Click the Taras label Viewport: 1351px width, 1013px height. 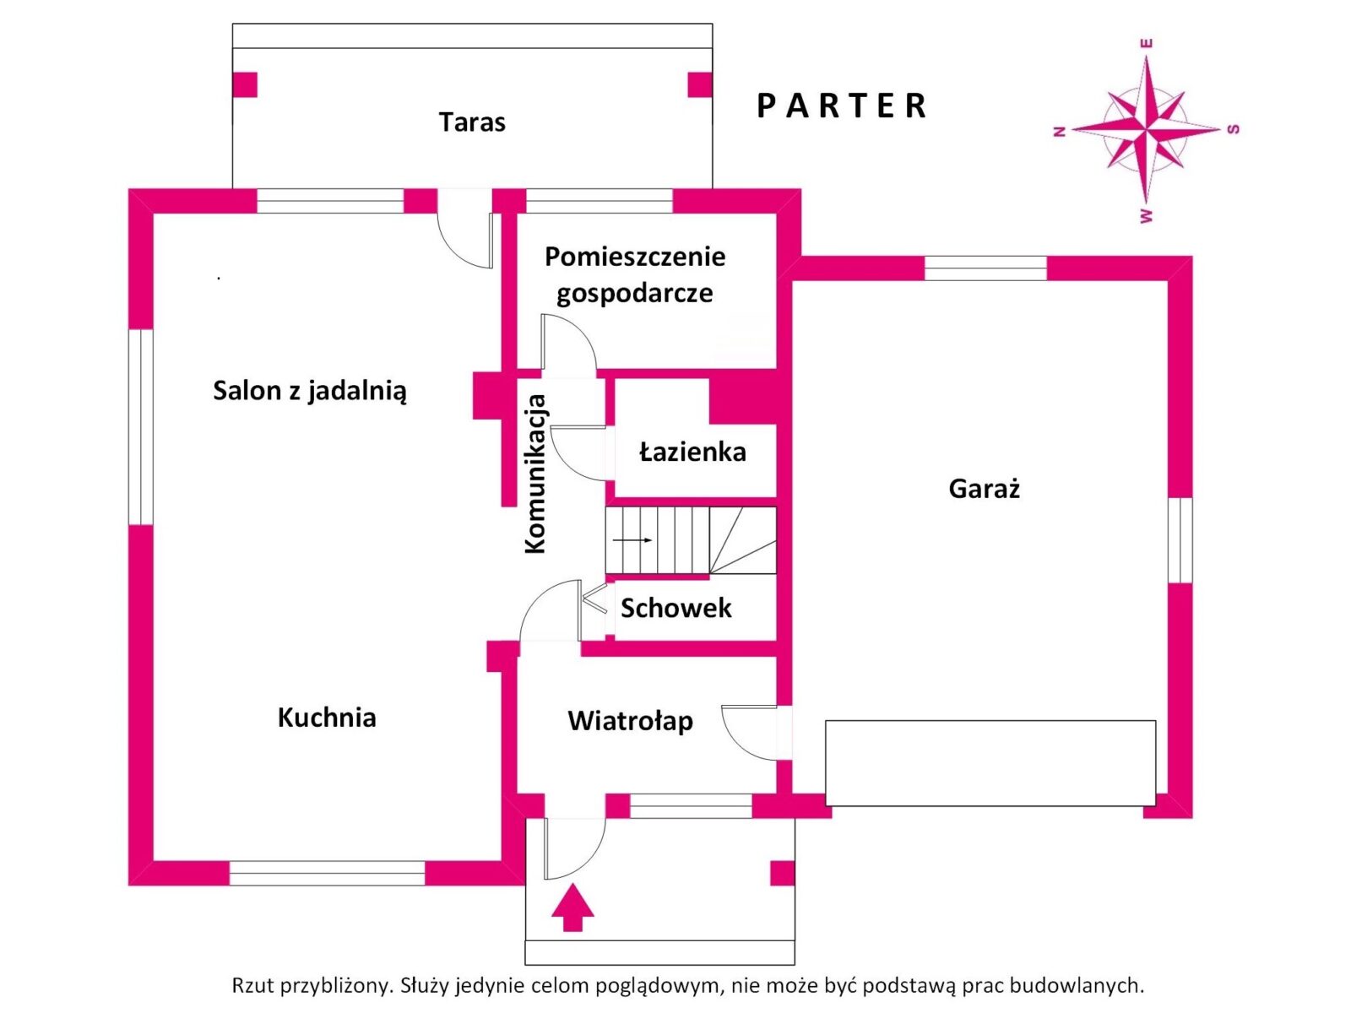(x=472, y=122)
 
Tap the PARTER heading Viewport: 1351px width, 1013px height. (x=842, y=106)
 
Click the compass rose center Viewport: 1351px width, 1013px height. (x=1147, y=130)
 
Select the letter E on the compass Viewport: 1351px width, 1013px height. (x=1147, y=43)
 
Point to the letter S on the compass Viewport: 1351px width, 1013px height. (x=1234, y=129)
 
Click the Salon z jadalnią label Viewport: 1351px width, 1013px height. (x=309, y=391)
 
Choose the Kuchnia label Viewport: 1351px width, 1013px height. (x=327, y=718)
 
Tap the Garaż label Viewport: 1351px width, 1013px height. (x=985, y=489)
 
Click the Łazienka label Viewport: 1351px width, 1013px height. (x=692, y=452)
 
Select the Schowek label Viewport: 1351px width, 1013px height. (x=675, y=608)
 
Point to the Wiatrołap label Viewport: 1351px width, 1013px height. (x=630, y=721)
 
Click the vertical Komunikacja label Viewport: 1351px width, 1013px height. (x=535, y=474)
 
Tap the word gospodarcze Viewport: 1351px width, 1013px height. (x=634, y=294)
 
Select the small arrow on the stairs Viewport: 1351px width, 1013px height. (x=632, y=540)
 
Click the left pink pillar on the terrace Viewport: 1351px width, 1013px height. (x=245, y=84)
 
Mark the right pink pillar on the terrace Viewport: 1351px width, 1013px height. (x=700, y=84)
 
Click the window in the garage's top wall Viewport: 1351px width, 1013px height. (x=985, y=268)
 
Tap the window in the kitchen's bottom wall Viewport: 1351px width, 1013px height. (x=327, y=873)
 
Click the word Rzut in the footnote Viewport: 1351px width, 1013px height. (x=252, y=985)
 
